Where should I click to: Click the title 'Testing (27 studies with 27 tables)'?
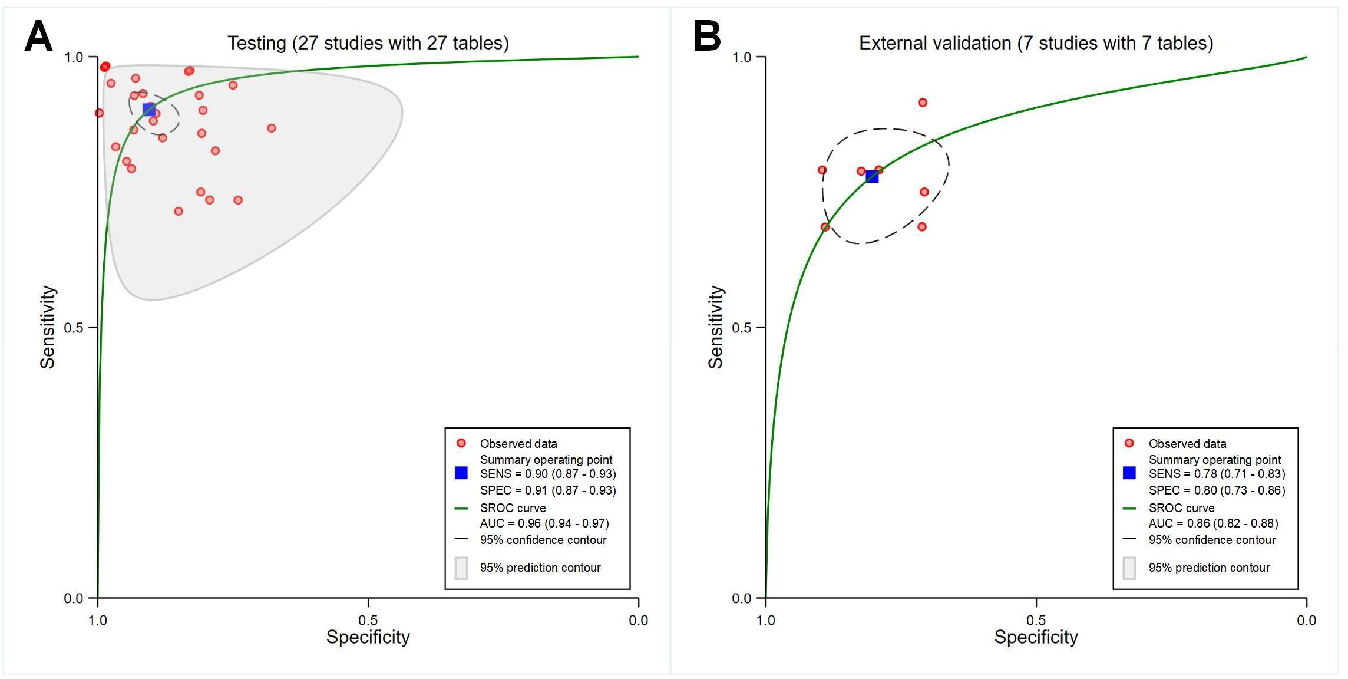click(x=368, y=43)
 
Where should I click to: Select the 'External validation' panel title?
click(x=1035, y=43)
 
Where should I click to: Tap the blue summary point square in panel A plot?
click(x=149, y=110)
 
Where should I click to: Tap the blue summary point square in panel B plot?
click(x=872, y=176)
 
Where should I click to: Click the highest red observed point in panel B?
click(x=923, y=103)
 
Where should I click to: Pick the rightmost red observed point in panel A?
click(x=272, y=128)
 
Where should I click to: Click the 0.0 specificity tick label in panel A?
click(x=638, y=620)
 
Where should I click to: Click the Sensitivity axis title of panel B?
click(x=715, y=327)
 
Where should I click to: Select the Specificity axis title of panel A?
click(x=368, y=637)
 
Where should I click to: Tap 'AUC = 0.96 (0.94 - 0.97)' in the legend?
click(x=544, y=523)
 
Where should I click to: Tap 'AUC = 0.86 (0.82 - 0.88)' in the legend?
click(x=1212, y=523)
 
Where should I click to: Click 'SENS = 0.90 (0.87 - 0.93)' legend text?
click(x=548, y=474)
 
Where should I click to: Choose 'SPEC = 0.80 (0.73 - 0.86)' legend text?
click(x=1217, y=490)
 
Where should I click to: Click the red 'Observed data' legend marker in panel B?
click(x=1129, y=443)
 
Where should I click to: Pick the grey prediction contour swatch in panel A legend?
click(x=461, y=568)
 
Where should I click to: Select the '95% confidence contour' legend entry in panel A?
click(x=543, y=540)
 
